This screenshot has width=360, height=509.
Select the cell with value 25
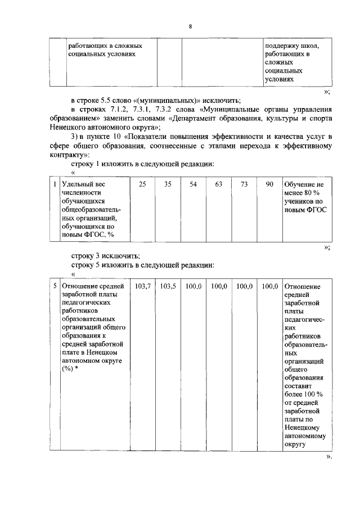click(x=143, y=184)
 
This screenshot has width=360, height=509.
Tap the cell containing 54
click(x=193, y=184)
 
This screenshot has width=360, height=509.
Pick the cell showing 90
click(x=269, y=184)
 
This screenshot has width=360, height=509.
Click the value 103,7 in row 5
click(x=143, y=286)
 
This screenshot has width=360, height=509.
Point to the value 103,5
click(x=168, y=286)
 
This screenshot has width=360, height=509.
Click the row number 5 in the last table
click(x=54, y=286)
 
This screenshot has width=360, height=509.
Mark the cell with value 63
click(x=219, y=184)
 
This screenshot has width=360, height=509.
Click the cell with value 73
click(x=244, y=184)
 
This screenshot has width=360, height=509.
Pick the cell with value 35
click(x=168, y=184)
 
